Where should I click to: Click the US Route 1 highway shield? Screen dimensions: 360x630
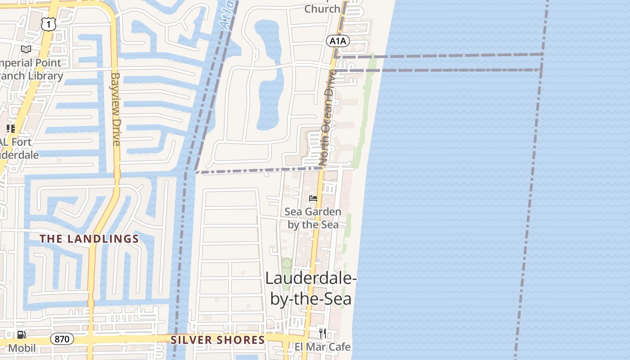[x=48, y=24]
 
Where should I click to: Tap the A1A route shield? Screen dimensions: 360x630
[x=338, y=41]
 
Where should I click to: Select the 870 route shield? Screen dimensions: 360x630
[x=62, y=339]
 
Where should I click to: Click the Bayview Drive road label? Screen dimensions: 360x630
[x=116, y=109]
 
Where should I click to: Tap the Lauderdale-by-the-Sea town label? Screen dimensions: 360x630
[x=310, y=288]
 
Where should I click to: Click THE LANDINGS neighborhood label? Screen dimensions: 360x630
[x=90, y=239]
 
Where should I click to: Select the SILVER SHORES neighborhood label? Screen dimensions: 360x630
[x=218, y=340]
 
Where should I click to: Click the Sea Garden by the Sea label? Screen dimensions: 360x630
[x=313, y=218]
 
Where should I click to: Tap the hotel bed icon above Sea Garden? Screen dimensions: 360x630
[x=313, y=198]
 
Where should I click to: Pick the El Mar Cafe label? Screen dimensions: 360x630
[x=323, y=347]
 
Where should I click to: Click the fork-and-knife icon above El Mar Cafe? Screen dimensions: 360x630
[x=322, y=333]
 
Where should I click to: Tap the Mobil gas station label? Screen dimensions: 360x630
[x=22, y=348]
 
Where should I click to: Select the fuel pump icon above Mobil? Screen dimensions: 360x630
[x=21, y=335]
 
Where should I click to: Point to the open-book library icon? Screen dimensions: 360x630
[x=26, y=49]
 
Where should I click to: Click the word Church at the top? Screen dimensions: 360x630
[x=322, y=9]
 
